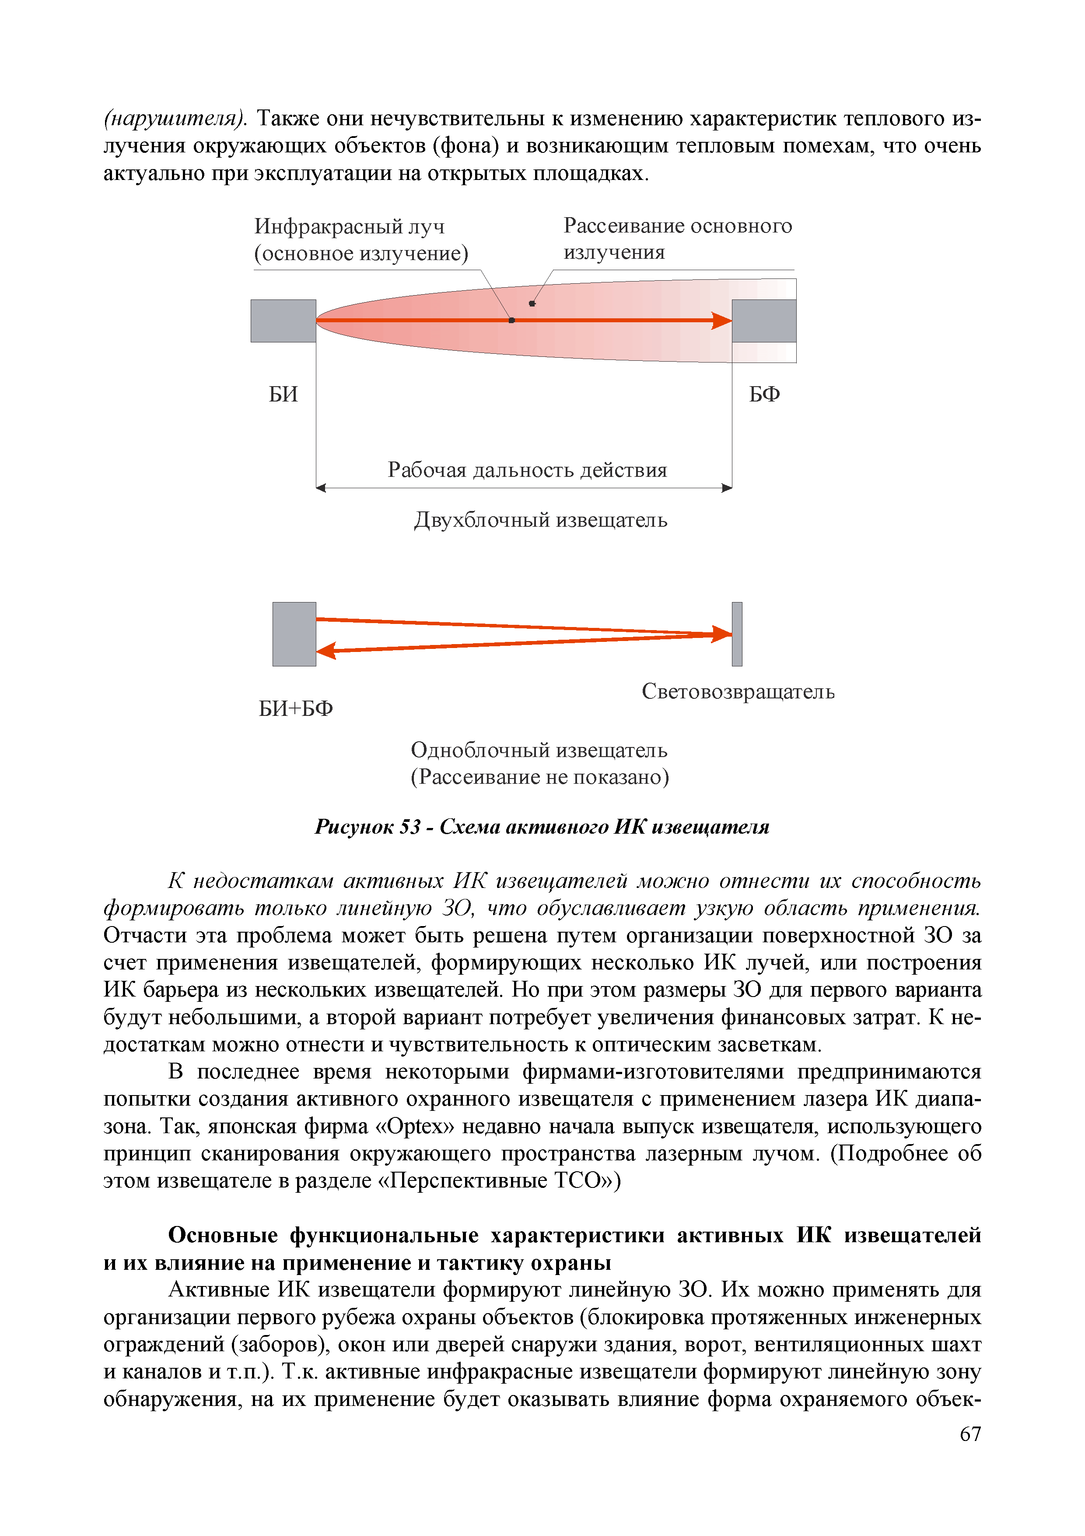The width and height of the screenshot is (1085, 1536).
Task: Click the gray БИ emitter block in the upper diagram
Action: click(283, 321)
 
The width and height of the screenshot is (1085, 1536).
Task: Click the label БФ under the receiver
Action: click(764, 394)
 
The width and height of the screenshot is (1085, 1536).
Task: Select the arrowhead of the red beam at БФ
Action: click(722, 321)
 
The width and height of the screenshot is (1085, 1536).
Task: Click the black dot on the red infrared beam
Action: click(511, 321)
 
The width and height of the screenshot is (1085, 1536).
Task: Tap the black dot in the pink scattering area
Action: click(532, 304)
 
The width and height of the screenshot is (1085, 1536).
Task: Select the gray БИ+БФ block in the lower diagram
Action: click(294, 634)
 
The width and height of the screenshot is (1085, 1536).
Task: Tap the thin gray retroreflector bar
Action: click(737, 634)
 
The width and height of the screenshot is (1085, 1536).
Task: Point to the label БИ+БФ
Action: click(295, 708)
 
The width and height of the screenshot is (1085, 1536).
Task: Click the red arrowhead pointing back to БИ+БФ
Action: click(325, 650)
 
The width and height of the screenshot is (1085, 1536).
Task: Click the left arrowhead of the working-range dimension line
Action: click(321, 488)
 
